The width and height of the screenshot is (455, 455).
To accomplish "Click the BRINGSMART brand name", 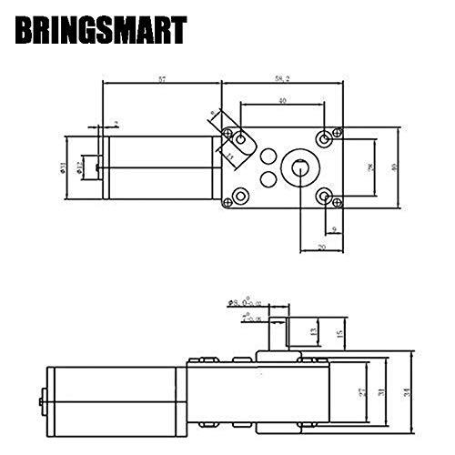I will [x=101, y=32].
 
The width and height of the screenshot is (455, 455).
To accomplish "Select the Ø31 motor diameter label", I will [x=79, y=167].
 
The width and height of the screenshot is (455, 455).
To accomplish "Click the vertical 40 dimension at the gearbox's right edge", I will [x=394, y=167].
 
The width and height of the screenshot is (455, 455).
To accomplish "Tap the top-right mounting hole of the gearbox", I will [x=326, y=137].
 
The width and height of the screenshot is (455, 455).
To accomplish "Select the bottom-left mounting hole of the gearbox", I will [x=240, y=196].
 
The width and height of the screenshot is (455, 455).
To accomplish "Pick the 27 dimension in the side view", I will [x=360, y=392].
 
